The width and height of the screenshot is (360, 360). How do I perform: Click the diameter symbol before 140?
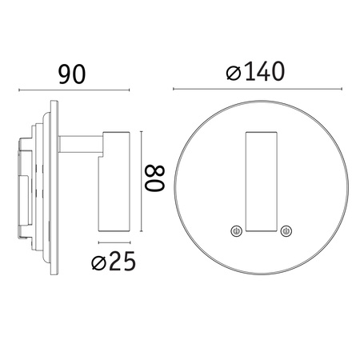pos(233,74)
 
